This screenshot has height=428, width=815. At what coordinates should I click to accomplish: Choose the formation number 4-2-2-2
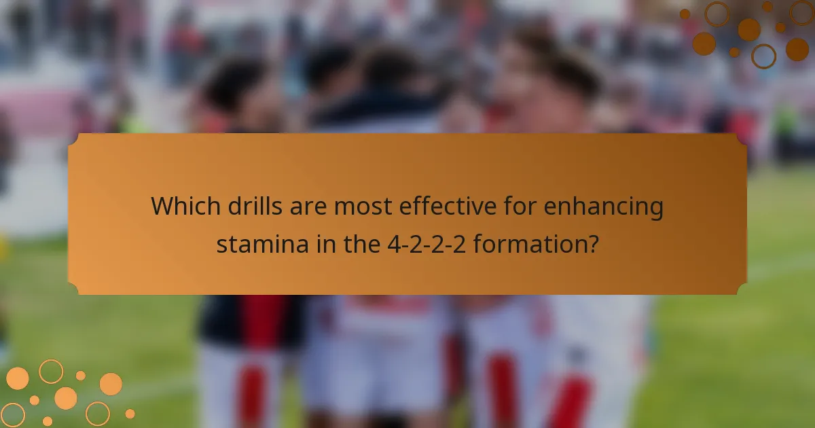click(426, 243)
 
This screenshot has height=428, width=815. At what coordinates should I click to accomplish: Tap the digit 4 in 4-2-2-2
click(391, 243)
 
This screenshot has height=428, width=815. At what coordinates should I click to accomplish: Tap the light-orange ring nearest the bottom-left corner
click(12, 414)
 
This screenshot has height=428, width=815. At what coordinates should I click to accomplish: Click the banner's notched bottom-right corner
click(742, 289)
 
